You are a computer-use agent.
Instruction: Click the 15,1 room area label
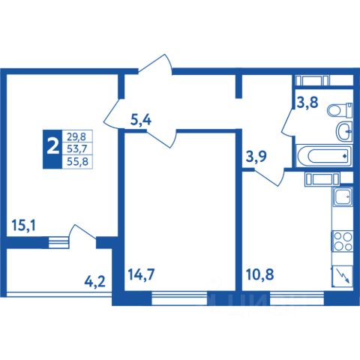(24, 226)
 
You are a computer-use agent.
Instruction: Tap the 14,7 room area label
(141, 274)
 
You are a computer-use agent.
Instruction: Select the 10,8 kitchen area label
(259, 274)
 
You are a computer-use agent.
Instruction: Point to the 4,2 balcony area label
(95, 282)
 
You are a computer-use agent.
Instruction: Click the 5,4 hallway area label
(141, 121)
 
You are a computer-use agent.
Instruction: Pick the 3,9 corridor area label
(256, 157)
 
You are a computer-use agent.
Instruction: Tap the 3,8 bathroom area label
(307, 102)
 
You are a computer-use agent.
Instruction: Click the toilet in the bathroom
(340, 110)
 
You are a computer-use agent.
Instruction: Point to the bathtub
(324, 156)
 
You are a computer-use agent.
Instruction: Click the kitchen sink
(342, 196)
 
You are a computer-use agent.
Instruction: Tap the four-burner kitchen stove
(342, 241)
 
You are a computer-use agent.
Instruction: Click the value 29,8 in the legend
(76, 136)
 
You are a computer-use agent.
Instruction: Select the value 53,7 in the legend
(76, 148)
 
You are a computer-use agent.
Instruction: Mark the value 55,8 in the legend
(77, 161)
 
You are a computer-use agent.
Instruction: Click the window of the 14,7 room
(179, 298)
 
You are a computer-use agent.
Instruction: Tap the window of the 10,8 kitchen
(298, 298)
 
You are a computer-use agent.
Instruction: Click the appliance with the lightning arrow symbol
(342, 276)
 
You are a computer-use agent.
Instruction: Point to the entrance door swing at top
(155, 64)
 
